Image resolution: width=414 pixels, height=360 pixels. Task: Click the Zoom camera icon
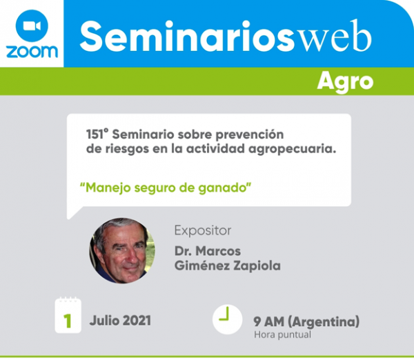click(x=32, y=26)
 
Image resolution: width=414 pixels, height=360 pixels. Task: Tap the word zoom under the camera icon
click(x=32, y=52)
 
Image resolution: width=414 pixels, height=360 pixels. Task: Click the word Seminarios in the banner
click(x=187, y=37)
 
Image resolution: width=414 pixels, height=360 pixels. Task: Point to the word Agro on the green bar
click(x=345, y=82)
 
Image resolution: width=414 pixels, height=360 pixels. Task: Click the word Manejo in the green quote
click(x=108, y=188)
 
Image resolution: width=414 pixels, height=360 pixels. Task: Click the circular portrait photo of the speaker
click(x=122, y=251)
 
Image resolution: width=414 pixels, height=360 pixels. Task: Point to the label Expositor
click(x=203, y=230)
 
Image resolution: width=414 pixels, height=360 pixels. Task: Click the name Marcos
click(x=218, y=251)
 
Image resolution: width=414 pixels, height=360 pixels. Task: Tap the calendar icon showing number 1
click(x=68, y=315)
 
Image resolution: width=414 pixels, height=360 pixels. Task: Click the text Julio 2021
click(x=120, y=321)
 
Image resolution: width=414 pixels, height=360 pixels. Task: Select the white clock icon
click(x=227, y=319)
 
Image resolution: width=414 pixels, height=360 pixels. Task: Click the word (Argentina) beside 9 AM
click(x=324, y=321)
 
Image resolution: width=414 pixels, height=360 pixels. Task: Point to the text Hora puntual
click(x=282, y=335)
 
